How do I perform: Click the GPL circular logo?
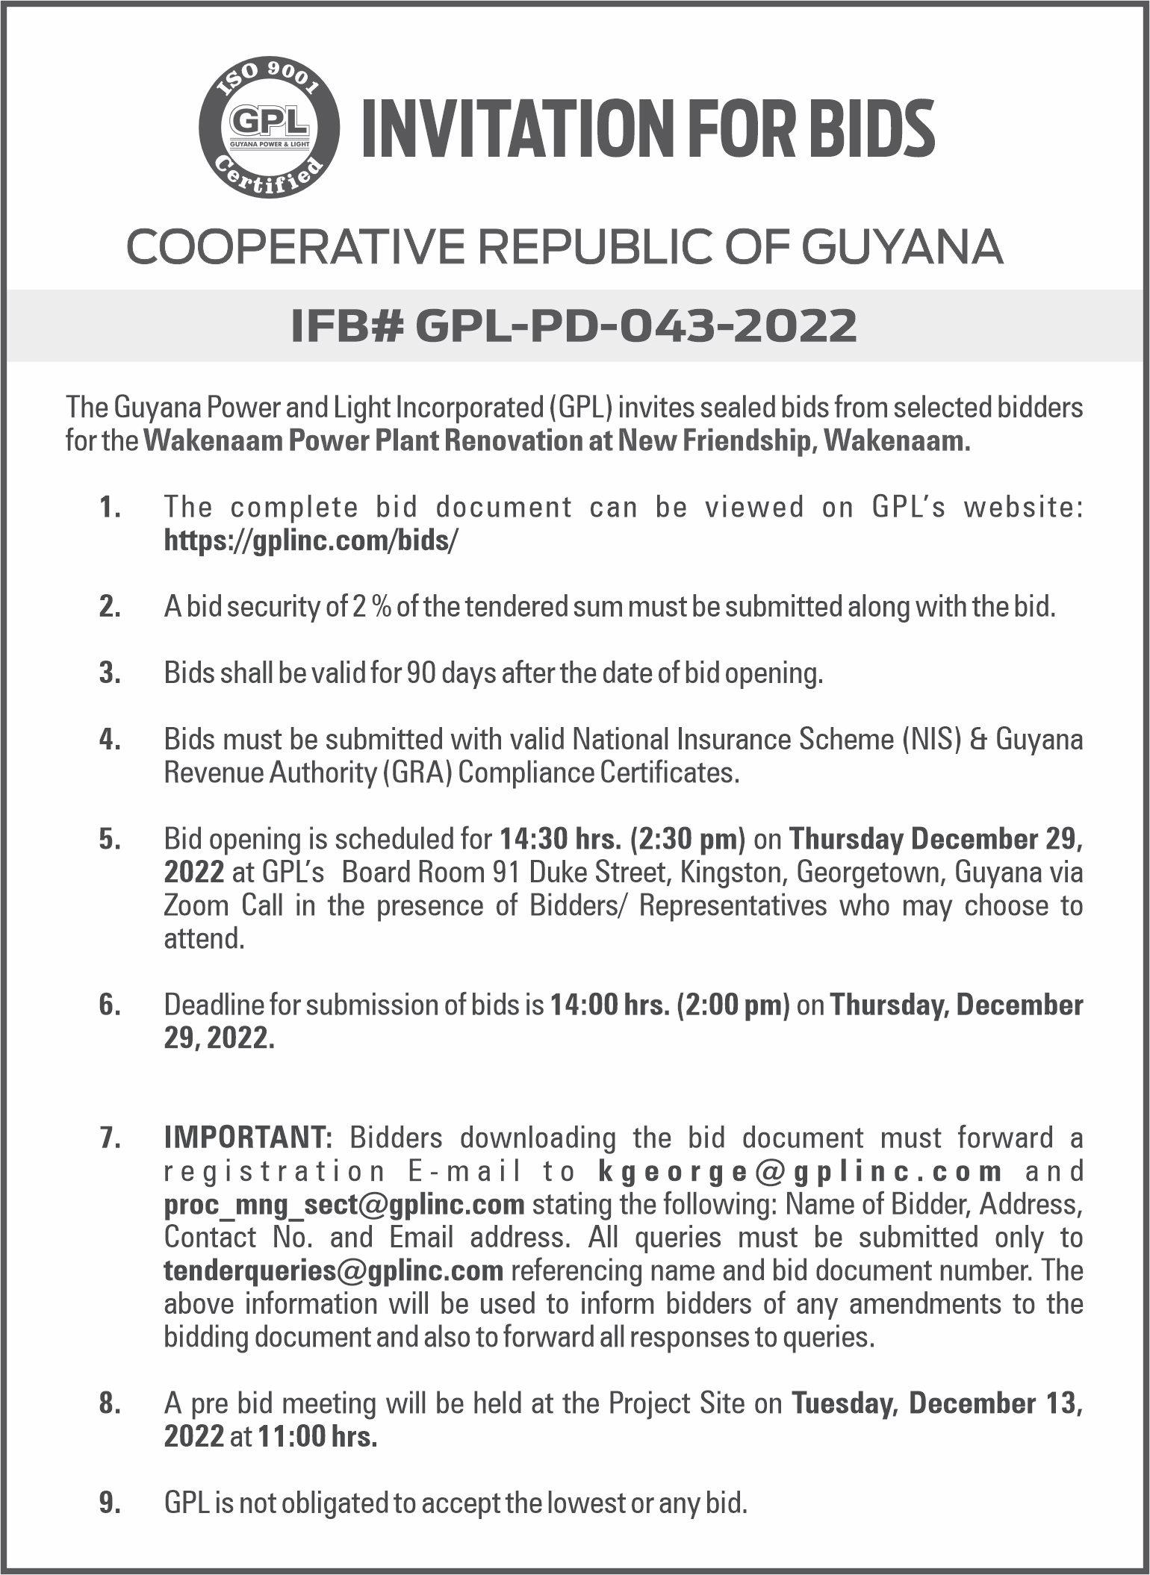(x=270, y=128)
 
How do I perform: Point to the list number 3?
(x=109, y=674)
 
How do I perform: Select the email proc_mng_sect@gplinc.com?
(x=344, y=1204)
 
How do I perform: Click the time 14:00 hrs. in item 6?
(x=609, y=1005)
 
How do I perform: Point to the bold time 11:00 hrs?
(x=317, y=1437)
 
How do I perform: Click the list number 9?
(x=109, y=1503)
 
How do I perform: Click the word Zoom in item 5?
(x=196, y=905)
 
